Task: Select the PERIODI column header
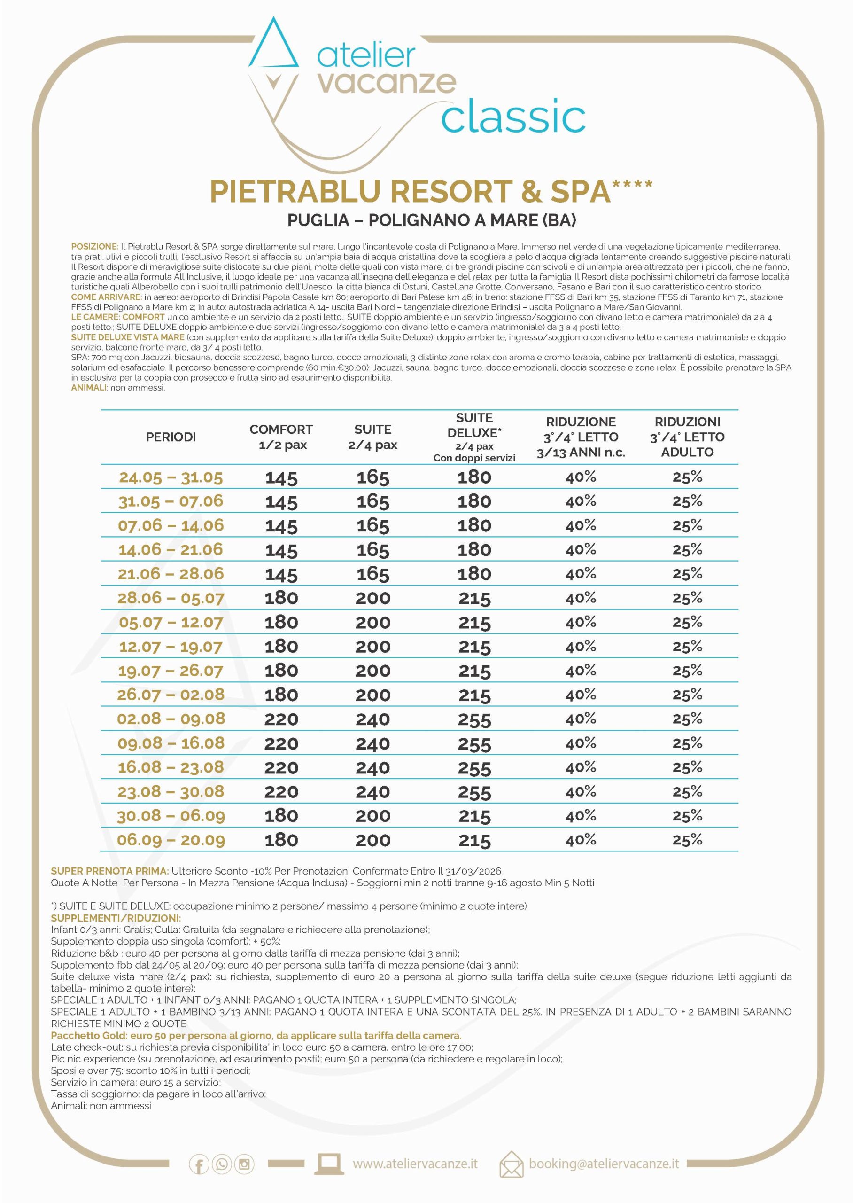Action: point(171,437)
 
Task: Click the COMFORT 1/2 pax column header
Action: point(281,437)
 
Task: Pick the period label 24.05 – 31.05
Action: point(171,477)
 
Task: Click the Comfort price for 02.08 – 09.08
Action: point(281,719)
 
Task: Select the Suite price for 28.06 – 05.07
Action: point(373,598)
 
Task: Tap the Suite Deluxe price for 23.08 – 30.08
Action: point(474,792)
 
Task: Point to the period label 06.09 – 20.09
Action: point(171,840)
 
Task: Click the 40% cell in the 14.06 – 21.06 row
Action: point(581,549)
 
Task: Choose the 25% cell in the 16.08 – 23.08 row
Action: point(688,767)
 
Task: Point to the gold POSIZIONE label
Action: point(94,246)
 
